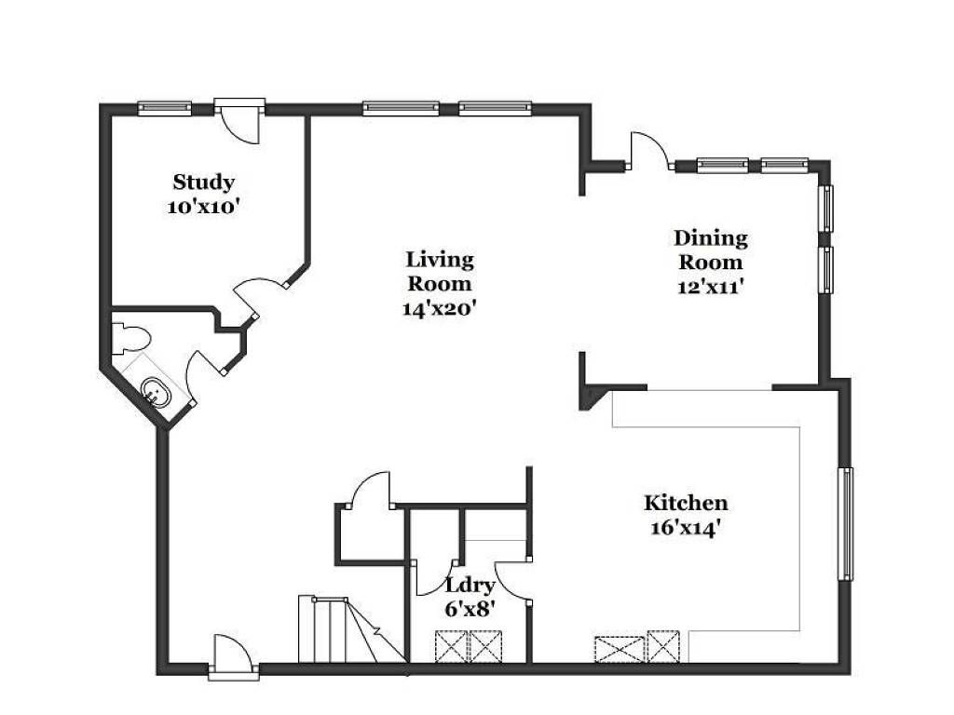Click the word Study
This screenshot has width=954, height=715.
[x=203, y=182]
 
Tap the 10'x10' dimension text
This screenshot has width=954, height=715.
[x=201, y=207]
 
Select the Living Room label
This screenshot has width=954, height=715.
[x=440, y=271]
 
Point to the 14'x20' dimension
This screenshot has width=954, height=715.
[x=439, y=308]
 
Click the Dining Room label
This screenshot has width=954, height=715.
[x=711, y=250]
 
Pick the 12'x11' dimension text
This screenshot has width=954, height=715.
[x=711, y=287]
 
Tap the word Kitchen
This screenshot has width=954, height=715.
[x=686, y=503]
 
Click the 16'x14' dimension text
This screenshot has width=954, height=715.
[x=686, y=528]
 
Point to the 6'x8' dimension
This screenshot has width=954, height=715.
[x=470, y=609]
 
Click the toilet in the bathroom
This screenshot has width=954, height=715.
[x=130, y=339]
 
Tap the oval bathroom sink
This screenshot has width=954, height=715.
[x=157, y=392]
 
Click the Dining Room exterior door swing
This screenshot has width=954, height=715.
[x=651, y=150]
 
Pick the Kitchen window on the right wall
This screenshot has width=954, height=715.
[x=846, y=524]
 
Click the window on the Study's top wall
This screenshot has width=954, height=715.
[x=164, y=109]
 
